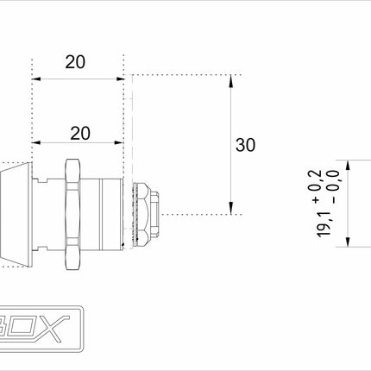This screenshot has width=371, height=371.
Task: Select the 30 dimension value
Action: coord(245,145)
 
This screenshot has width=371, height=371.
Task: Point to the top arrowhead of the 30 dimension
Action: coord(231,80)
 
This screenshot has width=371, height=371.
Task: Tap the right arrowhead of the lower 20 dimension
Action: coord(120,143)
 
